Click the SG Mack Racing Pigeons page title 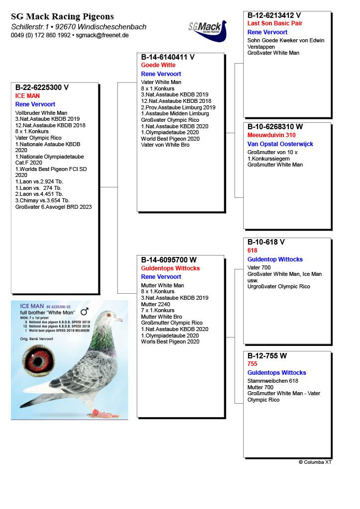62,17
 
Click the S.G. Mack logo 207,31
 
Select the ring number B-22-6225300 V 42,87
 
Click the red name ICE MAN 27,96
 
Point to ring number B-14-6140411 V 168,57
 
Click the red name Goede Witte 158,65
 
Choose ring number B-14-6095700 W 169,260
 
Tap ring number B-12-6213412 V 274,15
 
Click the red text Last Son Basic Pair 274,23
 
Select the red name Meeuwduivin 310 271,135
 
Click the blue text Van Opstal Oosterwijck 280,144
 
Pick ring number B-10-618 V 266,242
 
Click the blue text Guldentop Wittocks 275,259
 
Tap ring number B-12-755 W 268,356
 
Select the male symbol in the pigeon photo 84,312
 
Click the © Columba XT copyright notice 315,462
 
